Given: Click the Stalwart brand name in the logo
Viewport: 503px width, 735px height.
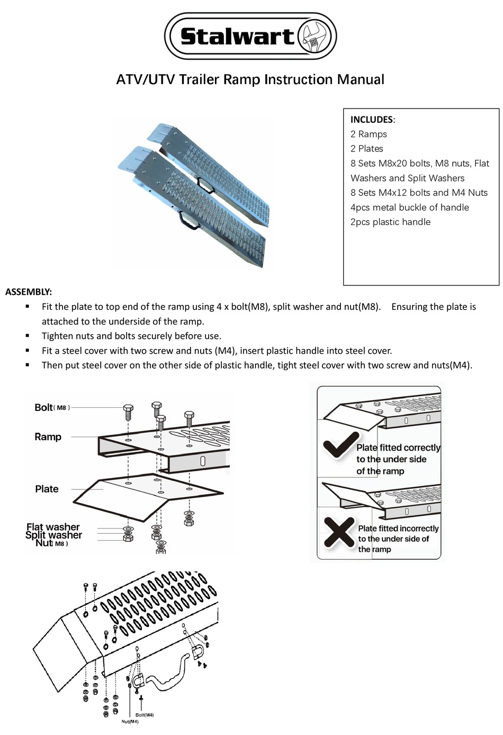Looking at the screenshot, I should pos(237,36).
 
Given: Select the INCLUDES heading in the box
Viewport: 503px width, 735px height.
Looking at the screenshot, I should pos(372,120).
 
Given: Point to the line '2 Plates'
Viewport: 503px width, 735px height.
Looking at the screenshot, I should pos(366,149).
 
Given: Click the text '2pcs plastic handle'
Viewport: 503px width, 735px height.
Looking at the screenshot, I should pos(390,222).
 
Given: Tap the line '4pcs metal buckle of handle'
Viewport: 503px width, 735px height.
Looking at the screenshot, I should pos(409,208).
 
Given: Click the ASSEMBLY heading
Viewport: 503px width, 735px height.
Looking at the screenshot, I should pos(29,292).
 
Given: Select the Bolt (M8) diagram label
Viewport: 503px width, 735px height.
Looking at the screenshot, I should pos(51,407).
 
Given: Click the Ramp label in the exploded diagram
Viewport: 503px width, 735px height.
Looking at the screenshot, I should pos(48,437).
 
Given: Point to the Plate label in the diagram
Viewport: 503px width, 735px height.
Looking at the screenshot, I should pos(47,489).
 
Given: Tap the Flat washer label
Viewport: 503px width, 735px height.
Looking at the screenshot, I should pos(53,527).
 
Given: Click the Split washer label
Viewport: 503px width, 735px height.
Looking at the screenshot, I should pos(53,535).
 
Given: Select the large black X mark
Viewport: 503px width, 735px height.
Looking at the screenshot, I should pos(339,532).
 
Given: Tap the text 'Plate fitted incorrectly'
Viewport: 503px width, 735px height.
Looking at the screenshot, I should pos(398,528).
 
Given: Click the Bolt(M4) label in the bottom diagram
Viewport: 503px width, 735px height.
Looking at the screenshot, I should pos(141,715).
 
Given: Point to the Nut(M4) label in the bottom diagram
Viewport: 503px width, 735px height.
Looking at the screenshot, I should pos(130,721).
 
